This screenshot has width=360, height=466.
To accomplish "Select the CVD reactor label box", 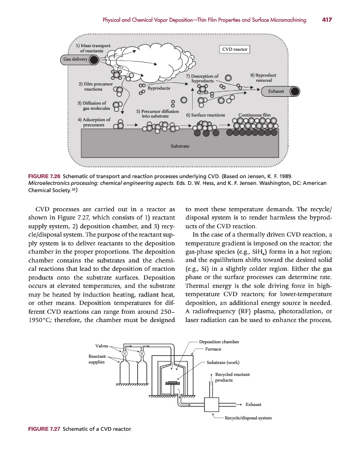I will tap(236, 50).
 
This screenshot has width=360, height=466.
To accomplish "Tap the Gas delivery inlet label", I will tap(75, 60).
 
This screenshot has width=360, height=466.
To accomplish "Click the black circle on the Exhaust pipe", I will tap(294, 91).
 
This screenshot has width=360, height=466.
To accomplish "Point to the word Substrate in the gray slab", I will tap(180, 147).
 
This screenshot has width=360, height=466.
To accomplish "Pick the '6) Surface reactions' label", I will tap(205, 115).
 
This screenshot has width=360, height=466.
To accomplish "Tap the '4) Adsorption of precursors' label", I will tap(93, 122).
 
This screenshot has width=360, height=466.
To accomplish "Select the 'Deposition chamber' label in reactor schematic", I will tap(219, 342).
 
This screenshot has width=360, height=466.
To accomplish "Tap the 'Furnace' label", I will tap(214, 349).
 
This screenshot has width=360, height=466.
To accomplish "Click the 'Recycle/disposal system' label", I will tap(248, 418).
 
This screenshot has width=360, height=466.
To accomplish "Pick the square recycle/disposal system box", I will tap(213, 404).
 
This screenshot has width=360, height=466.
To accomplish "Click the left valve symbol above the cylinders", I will tap(125, 354).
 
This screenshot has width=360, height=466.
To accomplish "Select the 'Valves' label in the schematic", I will tap(102, 345).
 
